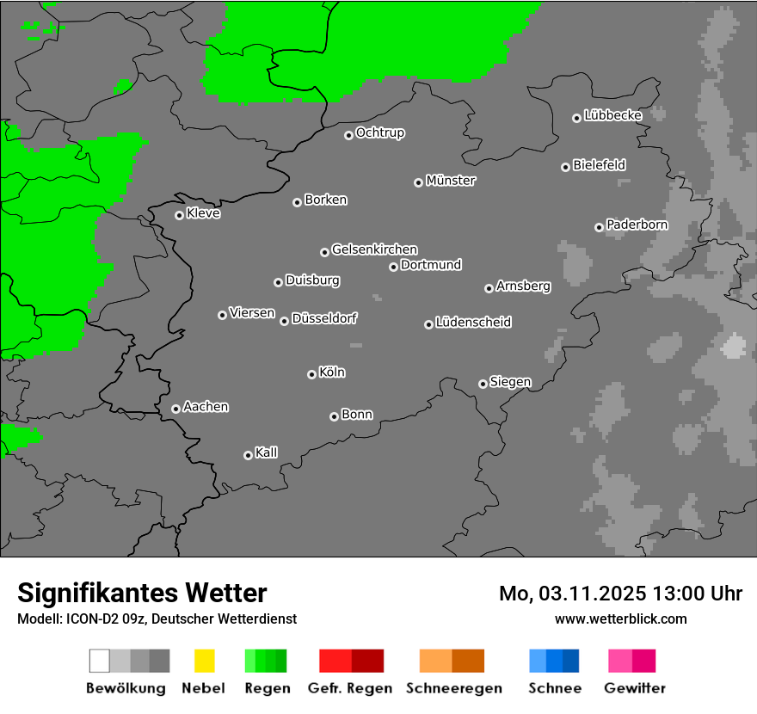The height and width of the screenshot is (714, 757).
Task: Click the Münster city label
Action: click(x=451, y=181)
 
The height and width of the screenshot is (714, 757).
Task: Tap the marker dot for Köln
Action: click(x=311, y=374)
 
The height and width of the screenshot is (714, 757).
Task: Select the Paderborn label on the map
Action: click(x=637, y=225)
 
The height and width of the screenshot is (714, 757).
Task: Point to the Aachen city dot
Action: click(x=175, y=409)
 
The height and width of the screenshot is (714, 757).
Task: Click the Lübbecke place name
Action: click(x=613, y=115)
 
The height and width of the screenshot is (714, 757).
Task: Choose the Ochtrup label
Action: click(x=380, y=132)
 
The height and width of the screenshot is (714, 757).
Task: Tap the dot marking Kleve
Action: click(x=179, y=215)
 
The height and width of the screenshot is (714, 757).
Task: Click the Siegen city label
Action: click(x=510, y=382)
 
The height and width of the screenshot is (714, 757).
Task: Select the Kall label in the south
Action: click(x=267, y=452)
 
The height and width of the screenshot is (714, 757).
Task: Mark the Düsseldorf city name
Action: click(x=324, y=318)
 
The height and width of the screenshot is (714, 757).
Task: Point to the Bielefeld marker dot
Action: click(x=565, y=167)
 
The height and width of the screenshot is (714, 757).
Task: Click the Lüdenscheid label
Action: click(x=473, y=323)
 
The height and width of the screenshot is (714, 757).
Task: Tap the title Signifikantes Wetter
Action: click(x=142, y=593)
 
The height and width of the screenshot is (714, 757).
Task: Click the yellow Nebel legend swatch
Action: click(x=204, y=661)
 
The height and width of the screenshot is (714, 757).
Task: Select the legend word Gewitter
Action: click(x=635, y=688)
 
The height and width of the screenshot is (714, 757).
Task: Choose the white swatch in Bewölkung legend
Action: click(x=99, y=661)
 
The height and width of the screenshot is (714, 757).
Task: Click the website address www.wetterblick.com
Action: click(x=621, y=619)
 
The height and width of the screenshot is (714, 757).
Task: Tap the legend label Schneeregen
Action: click(x=453, y=688)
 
